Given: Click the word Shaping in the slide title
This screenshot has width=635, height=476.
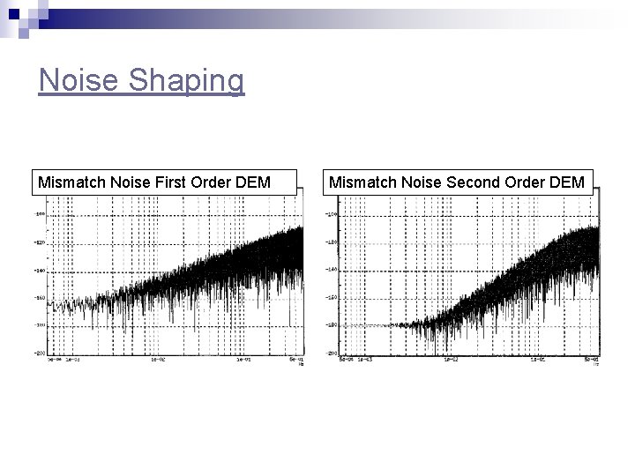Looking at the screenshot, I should [186, 82].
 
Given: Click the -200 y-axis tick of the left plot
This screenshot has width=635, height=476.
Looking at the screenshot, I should [40, 353].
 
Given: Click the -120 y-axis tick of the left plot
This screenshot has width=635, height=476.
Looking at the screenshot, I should [40, 242].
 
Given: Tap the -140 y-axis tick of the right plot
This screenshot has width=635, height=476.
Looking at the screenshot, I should [331, 269].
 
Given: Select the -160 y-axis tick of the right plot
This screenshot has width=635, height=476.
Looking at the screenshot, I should [331, 297].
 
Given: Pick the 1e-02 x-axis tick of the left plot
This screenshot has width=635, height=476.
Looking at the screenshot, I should [159, 359].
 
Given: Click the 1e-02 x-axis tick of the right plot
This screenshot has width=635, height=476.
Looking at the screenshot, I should [450, 359].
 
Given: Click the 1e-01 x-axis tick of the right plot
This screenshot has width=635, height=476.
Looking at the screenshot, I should [538, 359].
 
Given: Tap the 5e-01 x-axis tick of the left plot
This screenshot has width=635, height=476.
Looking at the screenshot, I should [295, 359].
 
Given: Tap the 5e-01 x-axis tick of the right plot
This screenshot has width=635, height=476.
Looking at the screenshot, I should [591, 359].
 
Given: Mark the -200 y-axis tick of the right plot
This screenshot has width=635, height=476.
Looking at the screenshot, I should [331, 353].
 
